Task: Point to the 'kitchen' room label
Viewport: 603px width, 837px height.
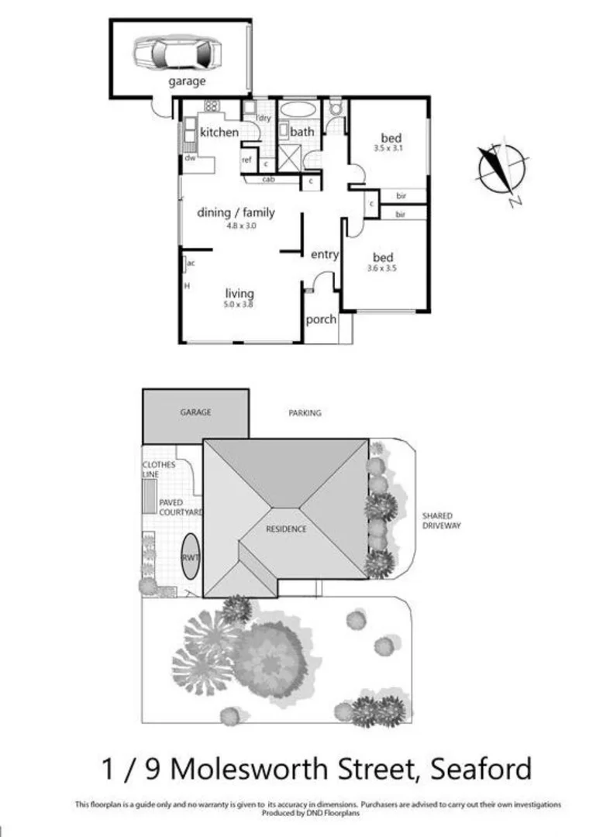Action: click(x=219, y=133)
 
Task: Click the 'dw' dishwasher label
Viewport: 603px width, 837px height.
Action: click(x=189, y=158)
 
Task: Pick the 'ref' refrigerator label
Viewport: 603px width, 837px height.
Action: click(x=247, y=160)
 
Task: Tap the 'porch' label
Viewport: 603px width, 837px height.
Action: click(x=321, y=319)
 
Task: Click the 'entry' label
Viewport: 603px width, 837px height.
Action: click(x=324, y=254)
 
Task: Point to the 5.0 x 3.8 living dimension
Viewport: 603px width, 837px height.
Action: click(x=239, y=305)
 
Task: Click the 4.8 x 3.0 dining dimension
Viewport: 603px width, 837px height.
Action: click(x=241, y=226)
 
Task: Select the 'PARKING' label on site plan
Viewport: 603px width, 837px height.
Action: click(x=305, y=413)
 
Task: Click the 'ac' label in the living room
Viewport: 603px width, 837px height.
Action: click(x=190, y=263)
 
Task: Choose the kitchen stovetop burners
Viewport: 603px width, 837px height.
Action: click(x=211, y=106)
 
